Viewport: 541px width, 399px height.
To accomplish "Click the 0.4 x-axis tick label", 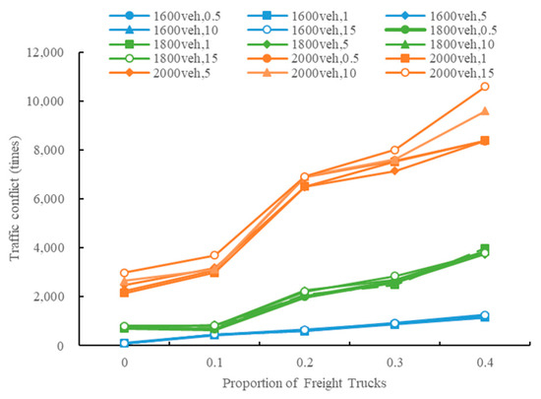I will (x=485, y=361).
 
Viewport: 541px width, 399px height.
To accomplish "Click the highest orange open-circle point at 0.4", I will (x=485, y=87).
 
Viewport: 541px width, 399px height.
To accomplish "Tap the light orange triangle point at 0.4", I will (x=485, y=111).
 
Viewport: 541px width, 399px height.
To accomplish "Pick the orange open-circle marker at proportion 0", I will (x=125, y=273).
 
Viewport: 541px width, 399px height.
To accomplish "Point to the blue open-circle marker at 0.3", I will (x=394, y=323).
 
